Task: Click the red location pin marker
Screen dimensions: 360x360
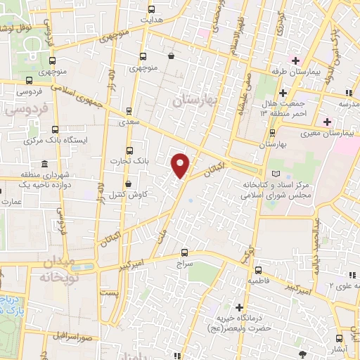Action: click(181, 165)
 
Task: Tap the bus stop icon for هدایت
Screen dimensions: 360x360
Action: click(151, 10)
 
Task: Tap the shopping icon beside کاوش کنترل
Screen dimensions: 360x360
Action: click(127, 184)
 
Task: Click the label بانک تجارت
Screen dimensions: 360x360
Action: click(127, 162)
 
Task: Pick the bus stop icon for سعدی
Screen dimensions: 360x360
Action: click(128, 111)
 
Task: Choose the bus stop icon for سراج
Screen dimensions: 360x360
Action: click(185, 251)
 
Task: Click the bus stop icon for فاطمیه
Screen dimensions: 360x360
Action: click(259, 270)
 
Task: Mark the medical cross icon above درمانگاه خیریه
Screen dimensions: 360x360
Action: click(240, 308)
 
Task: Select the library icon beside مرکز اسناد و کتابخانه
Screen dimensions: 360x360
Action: click(275, 173)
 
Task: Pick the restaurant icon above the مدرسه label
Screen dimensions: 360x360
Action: click(349, 92)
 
